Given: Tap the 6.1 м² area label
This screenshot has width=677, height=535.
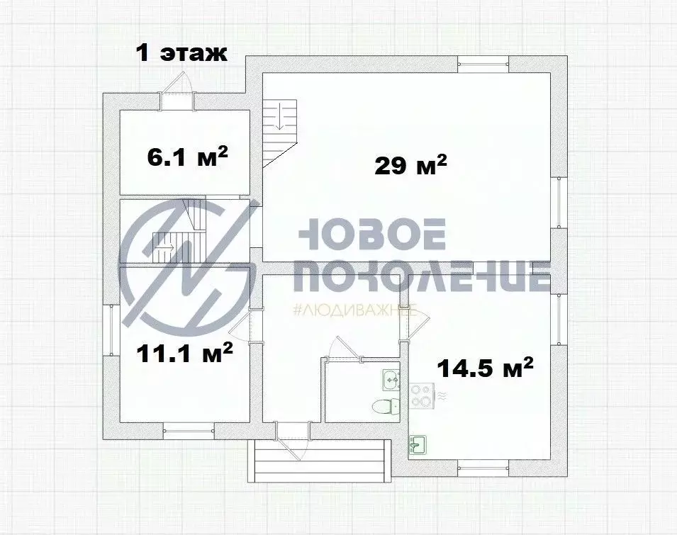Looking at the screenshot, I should pos(187,156).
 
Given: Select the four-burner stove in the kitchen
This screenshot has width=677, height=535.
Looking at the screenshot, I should pos(423,396).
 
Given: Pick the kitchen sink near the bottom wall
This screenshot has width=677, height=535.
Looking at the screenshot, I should pos(417,445).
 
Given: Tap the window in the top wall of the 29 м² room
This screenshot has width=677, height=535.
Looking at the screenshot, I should pos(483,64).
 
